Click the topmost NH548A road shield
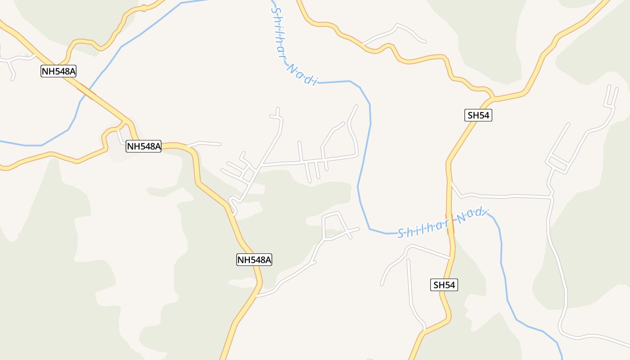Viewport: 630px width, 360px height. (58, 71)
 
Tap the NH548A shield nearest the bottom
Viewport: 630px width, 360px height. (254, 259)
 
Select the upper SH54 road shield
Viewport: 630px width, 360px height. (478, 115)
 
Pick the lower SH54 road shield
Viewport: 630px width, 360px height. (444, 285)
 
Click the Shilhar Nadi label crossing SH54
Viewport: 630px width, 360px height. (442, 223)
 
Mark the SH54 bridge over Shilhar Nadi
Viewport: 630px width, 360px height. (450, 224)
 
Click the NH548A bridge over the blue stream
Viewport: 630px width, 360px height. (86, 91)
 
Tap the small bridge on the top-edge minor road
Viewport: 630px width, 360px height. (144, 8)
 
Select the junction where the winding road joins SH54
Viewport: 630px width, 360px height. (492, 97)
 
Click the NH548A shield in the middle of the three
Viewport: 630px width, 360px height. (144, 146)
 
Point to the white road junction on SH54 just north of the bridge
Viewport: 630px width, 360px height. (450, 182)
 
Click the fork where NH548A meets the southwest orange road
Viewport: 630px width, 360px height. (124, 121)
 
